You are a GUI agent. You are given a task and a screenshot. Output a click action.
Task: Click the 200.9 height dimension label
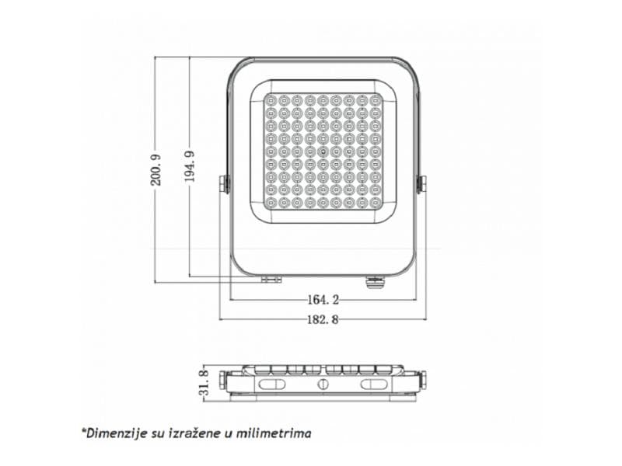click(156, 169)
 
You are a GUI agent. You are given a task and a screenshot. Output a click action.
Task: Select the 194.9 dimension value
click(189, 166)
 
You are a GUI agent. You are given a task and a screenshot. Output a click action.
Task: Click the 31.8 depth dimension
click(204, 383)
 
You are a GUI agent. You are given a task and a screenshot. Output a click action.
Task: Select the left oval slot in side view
click(272, 384)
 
